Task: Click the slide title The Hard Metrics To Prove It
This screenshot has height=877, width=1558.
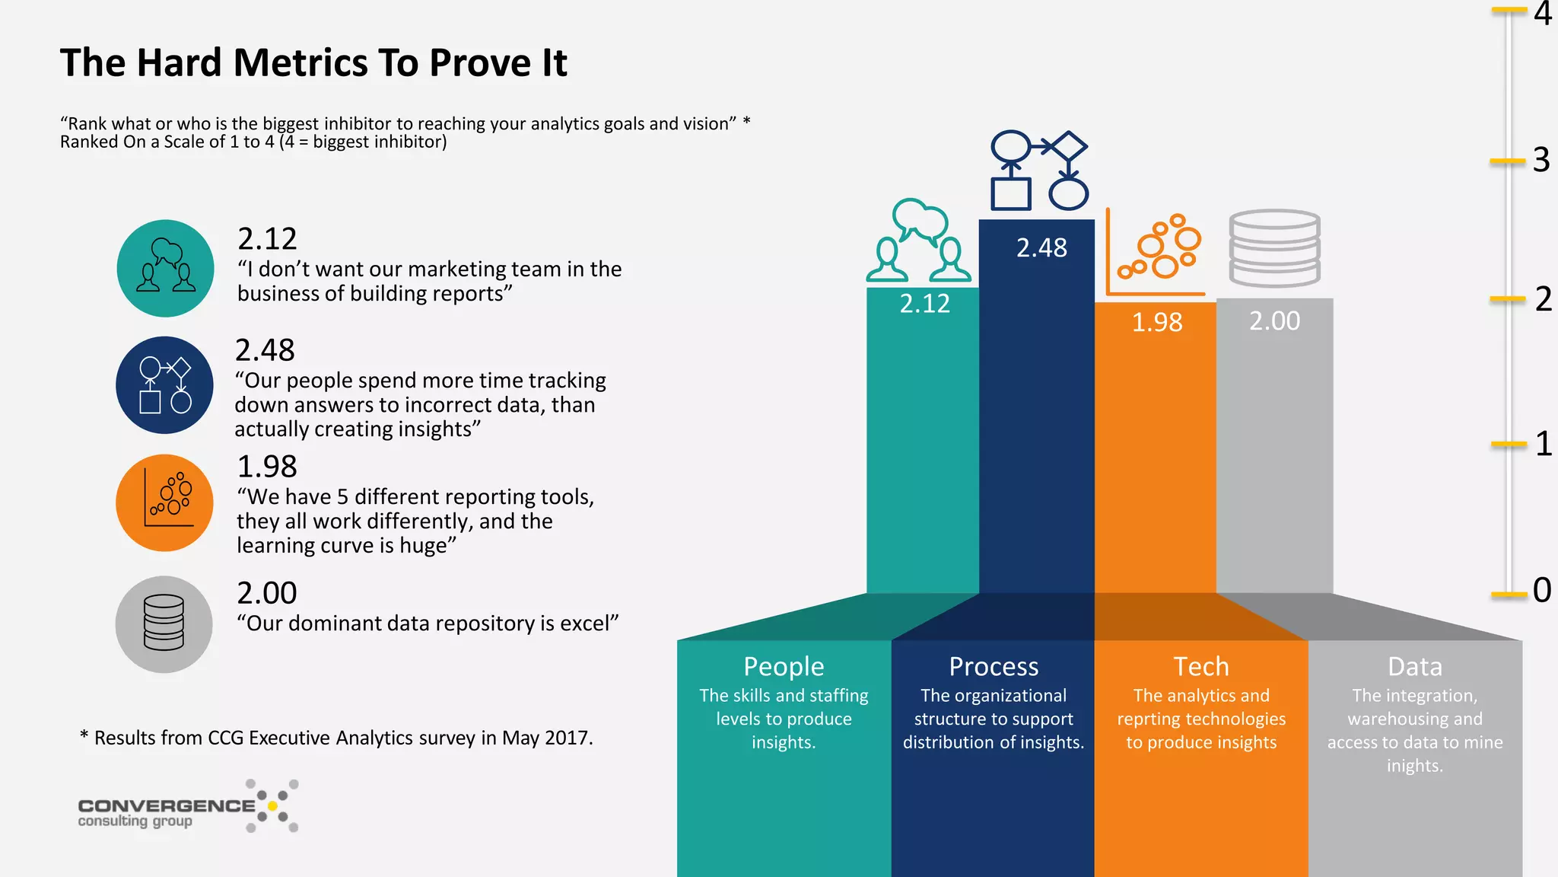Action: click(x=313, y=62)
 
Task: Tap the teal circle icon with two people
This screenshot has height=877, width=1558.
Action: click(x=165, y=268)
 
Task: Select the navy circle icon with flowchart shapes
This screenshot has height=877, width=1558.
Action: click(x=164, y=385)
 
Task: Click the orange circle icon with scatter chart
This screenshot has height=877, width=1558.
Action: click(x=164, y=502)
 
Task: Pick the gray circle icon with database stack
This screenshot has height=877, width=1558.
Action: click(x=164, y=623)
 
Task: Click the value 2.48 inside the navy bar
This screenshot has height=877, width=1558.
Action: click(x=1041, y=248)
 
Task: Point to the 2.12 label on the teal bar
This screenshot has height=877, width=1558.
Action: click(x=924, y=304)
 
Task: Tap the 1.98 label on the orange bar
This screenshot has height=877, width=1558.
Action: click(x=1156, y=322)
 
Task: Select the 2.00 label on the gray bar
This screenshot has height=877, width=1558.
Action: click(x=1274, y=321)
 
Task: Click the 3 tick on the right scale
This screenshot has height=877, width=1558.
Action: click(x=1540, y=161)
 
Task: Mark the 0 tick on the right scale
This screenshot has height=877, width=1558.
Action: click(x=1541, y=590)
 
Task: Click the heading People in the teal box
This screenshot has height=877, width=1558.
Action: click(x=784, y=666)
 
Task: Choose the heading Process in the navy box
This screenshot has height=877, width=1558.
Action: click(x=993, y=666)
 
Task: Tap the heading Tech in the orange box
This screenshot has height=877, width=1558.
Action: click(x=1200, y=666)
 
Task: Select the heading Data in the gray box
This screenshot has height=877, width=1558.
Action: click(x=1414, y=666)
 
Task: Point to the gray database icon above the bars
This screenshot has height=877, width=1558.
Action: click(x=1274, y=248)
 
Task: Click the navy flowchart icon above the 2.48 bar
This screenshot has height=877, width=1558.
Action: click(x=1039, y=171)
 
